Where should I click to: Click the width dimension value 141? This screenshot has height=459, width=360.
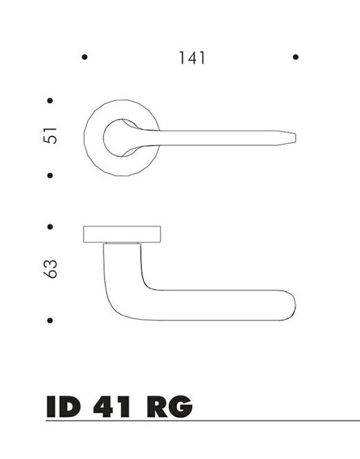191,58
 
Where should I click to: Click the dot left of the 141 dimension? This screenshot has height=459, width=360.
84,57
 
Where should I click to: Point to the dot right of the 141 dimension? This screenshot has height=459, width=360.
296,57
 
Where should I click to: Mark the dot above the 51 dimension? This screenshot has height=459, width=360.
51,101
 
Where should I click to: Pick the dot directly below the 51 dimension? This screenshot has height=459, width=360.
51,175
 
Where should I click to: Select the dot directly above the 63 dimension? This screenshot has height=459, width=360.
51,226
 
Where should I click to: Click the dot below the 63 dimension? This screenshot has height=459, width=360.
51,321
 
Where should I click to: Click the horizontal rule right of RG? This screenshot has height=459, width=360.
277,420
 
